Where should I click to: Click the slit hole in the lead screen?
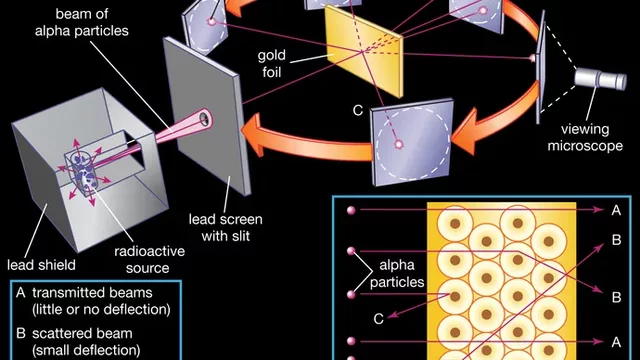click(x=206, y=121)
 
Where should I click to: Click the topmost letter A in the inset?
click(x=612, y=211)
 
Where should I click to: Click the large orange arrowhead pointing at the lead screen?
click(x=258, y=136)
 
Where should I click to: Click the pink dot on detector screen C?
click(x=400, y=145)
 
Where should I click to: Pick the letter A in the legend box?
click(x=22, y=293)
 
